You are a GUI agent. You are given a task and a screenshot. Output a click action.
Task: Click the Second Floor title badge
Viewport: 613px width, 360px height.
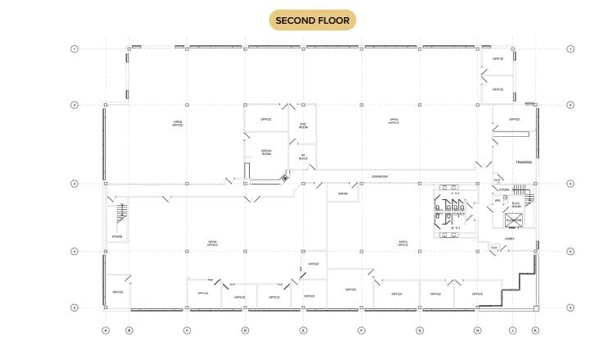316,20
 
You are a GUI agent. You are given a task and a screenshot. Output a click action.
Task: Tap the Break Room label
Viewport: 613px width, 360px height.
266,153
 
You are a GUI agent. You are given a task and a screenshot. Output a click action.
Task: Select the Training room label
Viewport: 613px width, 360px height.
524,162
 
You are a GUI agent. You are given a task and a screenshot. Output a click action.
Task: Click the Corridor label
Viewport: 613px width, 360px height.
379,176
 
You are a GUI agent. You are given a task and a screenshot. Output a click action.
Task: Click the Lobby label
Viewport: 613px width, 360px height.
509,239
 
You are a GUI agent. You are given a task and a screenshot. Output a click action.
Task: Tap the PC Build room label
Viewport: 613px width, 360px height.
303,156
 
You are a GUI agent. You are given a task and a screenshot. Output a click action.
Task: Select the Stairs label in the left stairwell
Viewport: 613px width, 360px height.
117,237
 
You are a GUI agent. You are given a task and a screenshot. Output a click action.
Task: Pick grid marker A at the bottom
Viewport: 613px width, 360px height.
105,330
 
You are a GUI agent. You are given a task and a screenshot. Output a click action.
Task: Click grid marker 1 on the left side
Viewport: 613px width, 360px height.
75,49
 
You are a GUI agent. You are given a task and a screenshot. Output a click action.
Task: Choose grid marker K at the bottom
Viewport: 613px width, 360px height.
535,330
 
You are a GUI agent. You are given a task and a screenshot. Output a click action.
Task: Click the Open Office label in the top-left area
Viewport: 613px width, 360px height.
178,123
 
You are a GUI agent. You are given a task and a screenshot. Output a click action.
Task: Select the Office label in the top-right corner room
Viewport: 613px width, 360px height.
497,59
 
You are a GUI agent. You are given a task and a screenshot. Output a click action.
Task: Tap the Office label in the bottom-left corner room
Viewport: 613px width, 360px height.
117,292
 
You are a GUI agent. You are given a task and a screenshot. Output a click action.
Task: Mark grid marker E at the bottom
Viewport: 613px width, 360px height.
303,330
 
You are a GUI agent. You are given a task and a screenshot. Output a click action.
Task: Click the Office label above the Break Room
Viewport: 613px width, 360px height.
266,120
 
